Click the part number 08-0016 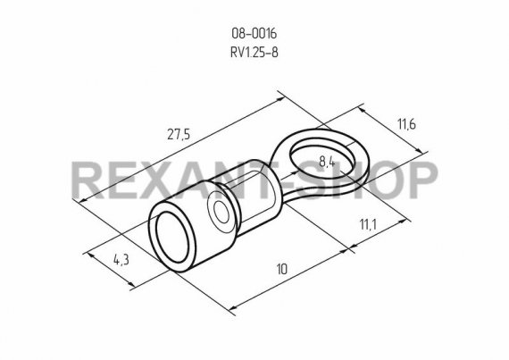pos(254,33)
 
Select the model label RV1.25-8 pos(254,52)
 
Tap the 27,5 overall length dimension pos(179,134)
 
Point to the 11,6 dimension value pos(406,124)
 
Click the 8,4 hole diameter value pos(327,162)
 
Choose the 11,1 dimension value pos(368,224)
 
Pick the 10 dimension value pos(282,269)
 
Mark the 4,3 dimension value pos(121,259)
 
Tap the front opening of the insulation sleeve pos(172,238)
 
